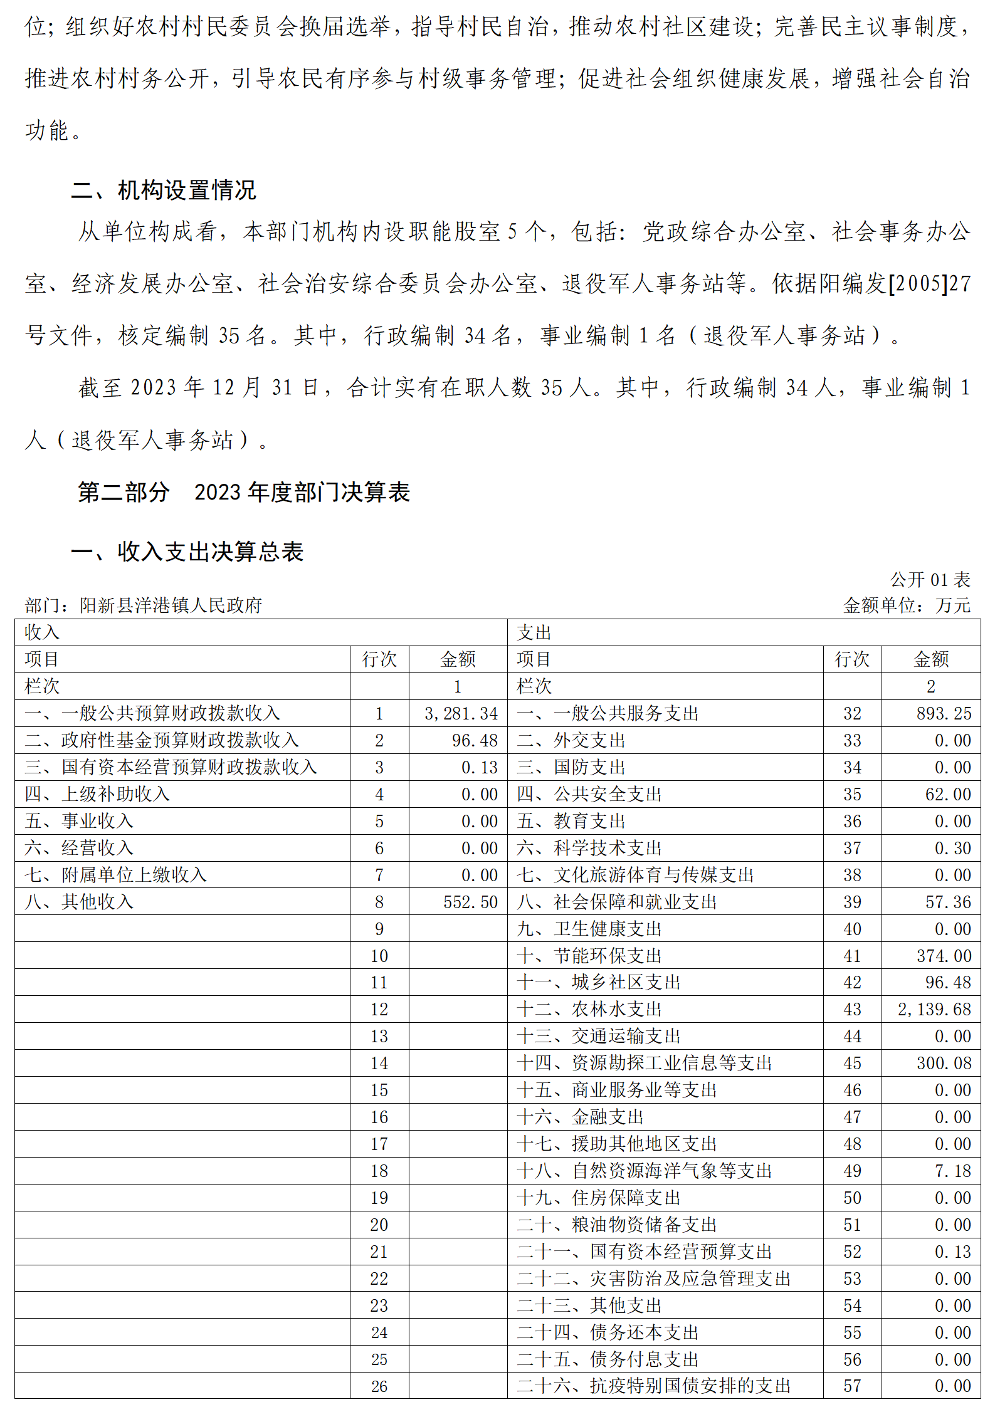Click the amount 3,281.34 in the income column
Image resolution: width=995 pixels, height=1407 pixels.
tap(461, 713)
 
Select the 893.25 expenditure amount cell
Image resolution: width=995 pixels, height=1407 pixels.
tap(944, 713)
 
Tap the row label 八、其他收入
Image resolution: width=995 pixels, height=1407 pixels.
tap(79, 902)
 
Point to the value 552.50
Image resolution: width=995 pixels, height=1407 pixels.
tap(470, 902)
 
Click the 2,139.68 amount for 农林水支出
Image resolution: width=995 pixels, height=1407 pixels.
tap(934, 1009)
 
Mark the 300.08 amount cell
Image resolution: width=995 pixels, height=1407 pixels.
tap(944, 1063)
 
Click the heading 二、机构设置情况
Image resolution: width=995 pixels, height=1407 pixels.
tap(164, 190)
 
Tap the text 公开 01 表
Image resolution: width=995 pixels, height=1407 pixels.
tap(930, 580)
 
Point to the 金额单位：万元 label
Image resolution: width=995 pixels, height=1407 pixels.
tap(907, 605)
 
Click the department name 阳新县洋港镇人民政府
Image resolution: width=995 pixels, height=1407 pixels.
tap(171, 605)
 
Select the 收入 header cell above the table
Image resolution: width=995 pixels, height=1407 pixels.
tap(42, 632)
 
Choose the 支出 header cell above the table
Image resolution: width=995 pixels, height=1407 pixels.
tap(534, 632)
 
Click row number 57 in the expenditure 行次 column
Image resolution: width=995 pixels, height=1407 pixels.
tap(852, 1386)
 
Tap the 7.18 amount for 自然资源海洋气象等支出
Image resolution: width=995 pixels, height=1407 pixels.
tap(952, 1171)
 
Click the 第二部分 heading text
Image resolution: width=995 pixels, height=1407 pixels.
tap(124, 493)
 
